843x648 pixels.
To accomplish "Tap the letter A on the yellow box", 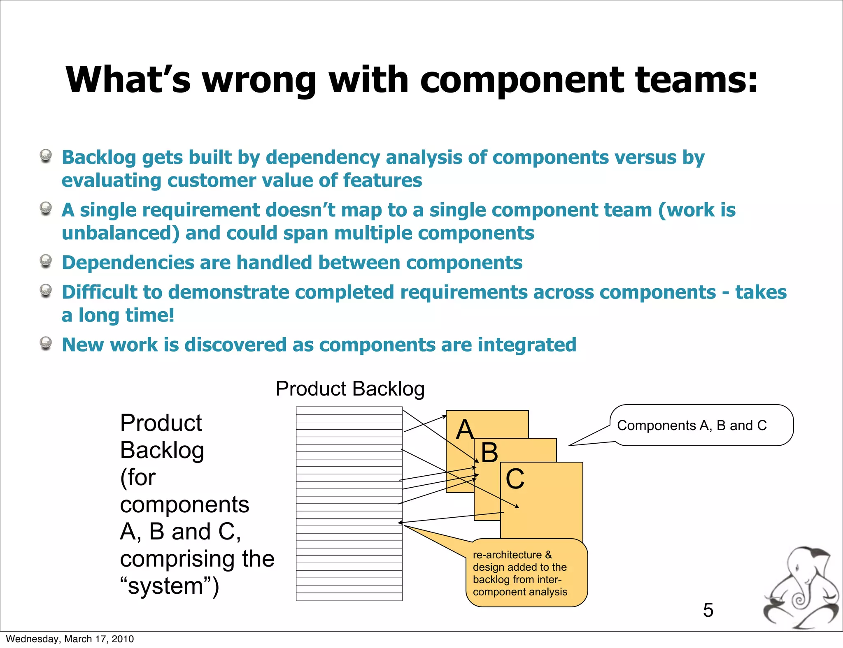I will point(465,430).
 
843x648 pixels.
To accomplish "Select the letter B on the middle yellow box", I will point(489,453).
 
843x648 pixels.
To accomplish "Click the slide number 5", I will point(708,610).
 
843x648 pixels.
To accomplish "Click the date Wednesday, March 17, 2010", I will point(70,639).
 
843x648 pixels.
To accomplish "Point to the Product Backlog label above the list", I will point(350,389).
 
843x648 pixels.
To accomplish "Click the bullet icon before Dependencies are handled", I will point(46,261).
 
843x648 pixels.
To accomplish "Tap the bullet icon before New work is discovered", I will point(46,343).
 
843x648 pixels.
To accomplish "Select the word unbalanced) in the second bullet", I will point(121,234).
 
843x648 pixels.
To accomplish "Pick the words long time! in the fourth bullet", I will point(126,316).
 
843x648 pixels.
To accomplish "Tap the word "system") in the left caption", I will point(169,586).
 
